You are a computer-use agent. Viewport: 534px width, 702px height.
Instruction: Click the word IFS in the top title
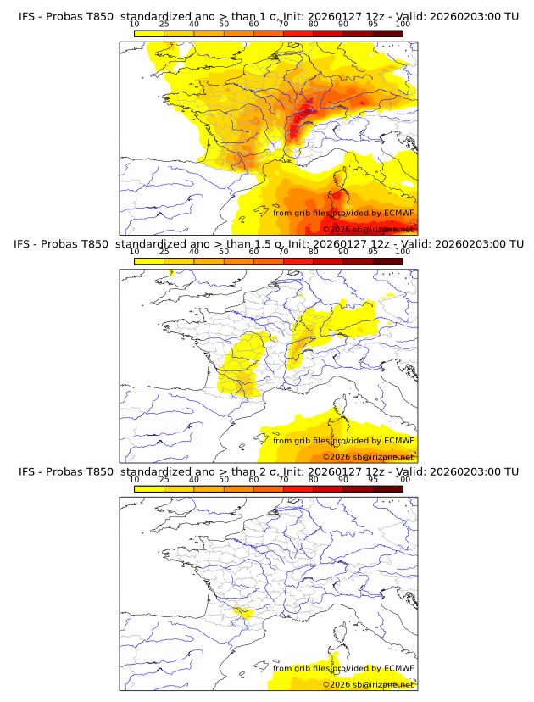coord(26,16)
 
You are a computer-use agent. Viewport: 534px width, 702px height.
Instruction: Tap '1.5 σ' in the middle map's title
coord(255,244)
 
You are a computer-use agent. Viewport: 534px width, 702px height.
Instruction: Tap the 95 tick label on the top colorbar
coord(373,25)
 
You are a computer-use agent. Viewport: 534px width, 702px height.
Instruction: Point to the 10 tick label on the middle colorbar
coord(134,252)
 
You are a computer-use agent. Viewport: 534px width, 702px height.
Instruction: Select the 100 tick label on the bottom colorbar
coord(403,479)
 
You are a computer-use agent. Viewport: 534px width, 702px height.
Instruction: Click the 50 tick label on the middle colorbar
coord(224,252)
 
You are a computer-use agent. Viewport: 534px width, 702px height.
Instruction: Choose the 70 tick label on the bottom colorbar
coord(283,479)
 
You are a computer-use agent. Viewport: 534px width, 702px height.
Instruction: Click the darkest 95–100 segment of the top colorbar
coord(387,33)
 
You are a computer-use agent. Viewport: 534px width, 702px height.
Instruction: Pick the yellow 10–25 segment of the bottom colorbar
coord(149,488)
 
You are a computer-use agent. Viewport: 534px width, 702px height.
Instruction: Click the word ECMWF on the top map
coord(398,213)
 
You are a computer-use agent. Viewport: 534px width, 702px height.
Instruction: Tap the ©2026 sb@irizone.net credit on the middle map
coord(368,457)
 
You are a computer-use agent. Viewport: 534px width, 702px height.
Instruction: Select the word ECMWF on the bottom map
coord(398,668)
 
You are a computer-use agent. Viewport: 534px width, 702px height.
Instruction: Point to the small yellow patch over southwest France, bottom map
coord(245,613)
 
